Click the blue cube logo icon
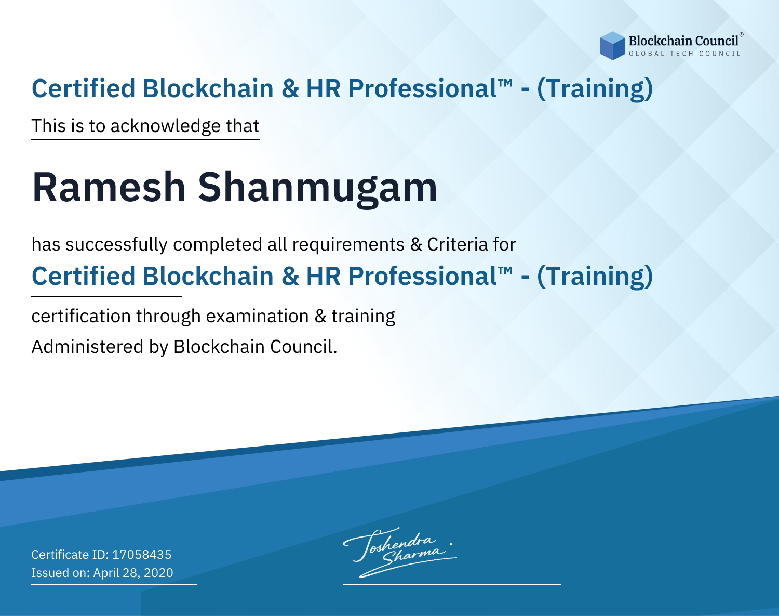pos(612,46)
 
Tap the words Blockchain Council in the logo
pos(683,41)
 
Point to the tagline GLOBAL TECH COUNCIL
pos(685,54)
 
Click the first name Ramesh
pos(109,187)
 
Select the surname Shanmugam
pos(317,190)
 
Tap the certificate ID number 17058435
pos(142,554)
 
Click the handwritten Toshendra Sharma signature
pos(399,552)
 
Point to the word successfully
pos(116,245)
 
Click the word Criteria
pos(457,244)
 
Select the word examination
pos(257,316)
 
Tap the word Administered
pos(88,346)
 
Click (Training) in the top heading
pos(595,88)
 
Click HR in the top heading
pos(323,88)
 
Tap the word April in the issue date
pos(105,573)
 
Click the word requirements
pos(348,245)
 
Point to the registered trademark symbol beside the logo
pos(742,35)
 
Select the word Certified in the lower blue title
pos(84,276)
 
